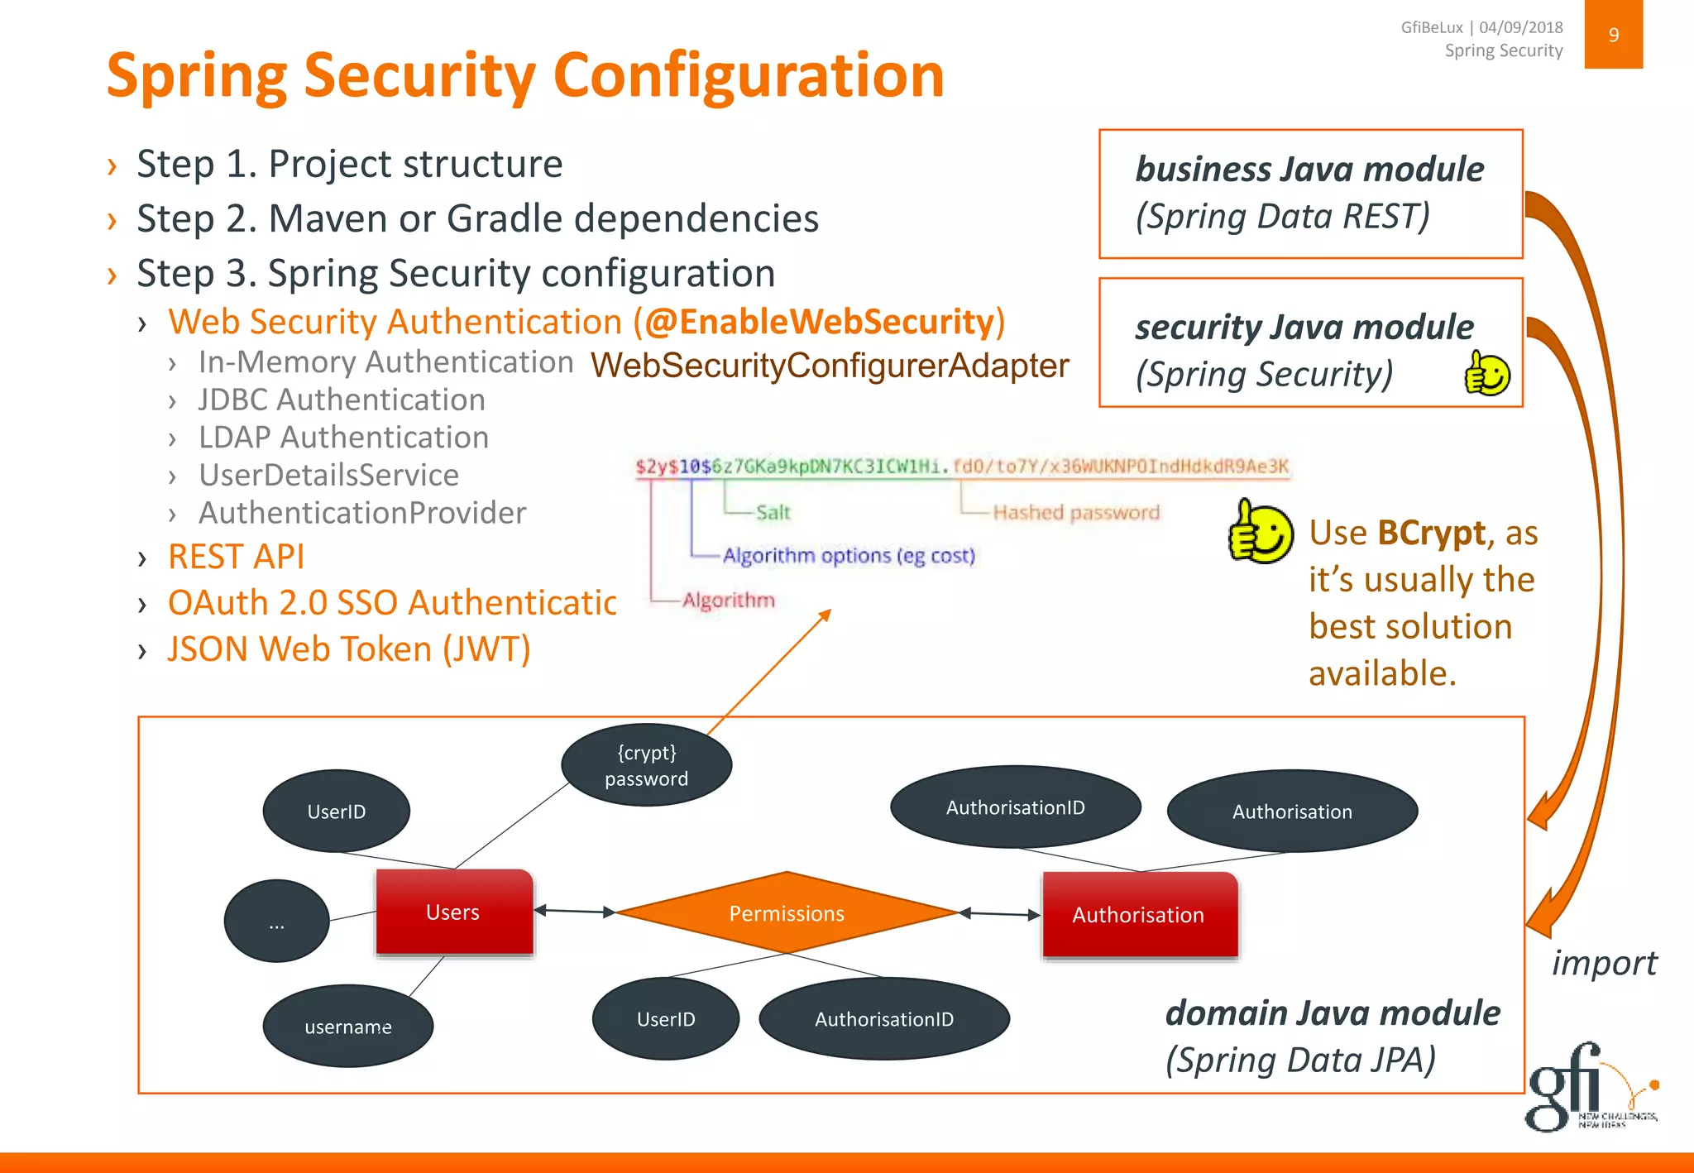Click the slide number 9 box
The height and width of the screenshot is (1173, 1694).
1613,35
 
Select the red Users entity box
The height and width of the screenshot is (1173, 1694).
453,912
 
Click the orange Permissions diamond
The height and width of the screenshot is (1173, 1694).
787,913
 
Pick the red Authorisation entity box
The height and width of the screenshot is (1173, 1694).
1139,915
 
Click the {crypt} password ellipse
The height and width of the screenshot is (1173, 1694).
646,765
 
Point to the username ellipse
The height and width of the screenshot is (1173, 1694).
347,1027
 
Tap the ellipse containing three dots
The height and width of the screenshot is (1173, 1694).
276,922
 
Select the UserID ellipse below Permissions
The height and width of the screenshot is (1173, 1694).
665,1019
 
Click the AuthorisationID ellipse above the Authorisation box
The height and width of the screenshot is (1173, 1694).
1015,807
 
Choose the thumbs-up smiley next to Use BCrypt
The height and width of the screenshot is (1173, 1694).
1259,532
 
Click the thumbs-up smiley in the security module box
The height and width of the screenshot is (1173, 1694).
1486,373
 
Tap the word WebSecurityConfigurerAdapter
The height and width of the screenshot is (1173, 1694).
830,366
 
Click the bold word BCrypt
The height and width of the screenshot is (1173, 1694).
1431,534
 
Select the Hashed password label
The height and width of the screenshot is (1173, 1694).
1075,513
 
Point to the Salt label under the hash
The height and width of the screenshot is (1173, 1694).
773,513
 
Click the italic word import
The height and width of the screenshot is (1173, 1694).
1603,964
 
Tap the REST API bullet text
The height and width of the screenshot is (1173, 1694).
237,557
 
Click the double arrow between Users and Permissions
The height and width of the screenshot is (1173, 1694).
575,912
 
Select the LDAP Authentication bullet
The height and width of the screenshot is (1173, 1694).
343,438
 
